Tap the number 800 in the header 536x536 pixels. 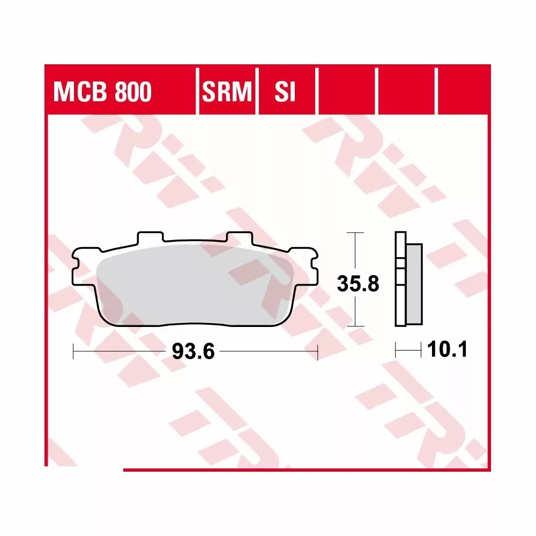131,93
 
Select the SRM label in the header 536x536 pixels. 227,93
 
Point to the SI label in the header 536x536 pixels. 285,93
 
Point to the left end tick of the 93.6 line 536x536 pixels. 73,352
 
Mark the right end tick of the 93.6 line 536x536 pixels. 318,352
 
